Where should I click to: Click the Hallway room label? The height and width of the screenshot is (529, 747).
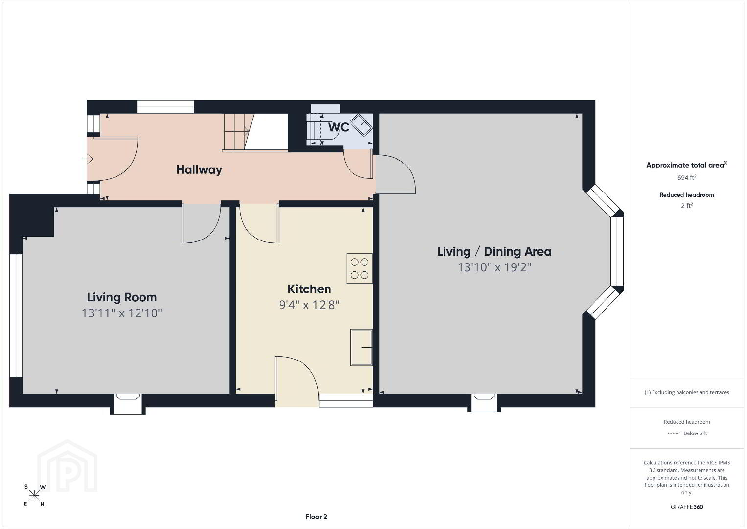click(199, 170)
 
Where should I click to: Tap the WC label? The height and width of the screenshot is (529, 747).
click(338, 127)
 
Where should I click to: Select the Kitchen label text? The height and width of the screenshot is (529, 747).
click(309, 289)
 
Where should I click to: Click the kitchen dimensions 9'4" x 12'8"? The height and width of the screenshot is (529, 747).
click(309, 305)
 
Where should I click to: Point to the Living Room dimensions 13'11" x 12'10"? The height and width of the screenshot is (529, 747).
click(122, 313)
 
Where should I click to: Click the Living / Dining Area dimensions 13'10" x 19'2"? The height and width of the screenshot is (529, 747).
click(494, 267)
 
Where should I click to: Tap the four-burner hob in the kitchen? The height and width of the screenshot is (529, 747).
click(359, 269)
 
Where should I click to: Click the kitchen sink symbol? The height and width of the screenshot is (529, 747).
click(361, 347)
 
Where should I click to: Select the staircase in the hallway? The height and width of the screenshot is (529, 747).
click(239, 131)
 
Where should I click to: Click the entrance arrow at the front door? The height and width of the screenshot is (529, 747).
click(88, 159)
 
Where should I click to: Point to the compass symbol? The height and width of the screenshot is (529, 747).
click(34, 496)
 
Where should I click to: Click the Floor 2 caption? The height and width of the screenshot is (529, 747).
click(316, 517)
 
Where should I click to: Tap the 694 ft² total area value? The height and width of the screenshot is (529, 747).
click(687, 177)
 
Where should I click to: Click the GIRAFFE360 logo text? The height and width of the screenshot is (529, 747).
click(687, 507)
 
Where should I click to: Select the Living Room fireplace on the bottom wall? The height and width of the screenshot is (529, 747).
click(128, 404)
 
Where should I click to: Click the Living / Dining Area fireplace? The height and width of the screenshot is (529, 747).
click(484, 403)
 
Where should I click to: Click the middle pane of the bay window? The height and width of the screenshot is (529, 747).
click(617, 251)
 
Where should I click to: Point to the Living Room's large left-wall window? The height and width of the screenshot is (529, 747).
click(16, 316)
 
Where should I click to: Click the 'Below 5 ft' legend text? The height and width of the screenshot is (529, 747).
click(695, 433)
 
